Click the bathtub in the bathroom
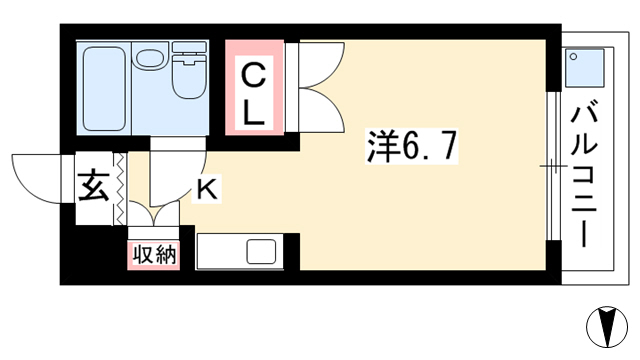point(104,89)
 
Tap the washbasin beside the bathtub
point(150,58)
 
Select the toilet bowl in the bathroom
point(189,76)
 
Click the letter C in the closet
point(253,76)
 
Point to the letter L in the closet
point(253,112)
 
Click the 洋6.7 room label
point(411,146)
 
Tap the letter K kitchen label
point(207,189)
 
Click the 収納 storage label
point(154,256)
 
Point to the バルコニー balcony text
point(584,176)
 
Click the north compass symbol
point(607,327)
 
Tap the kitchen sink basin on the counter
point(261,251)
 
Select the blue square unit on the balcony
point(584,67)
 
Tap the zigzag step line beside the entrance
point(120,188)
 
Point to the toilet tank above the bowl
point(189,47)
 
